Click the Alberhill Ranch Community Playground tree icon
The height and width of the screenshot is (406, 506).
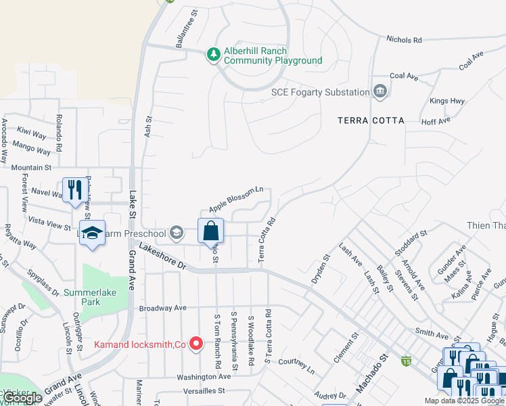click(214, 54)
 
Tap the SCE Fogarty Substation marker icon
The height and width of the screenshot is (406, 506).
click(380, 91)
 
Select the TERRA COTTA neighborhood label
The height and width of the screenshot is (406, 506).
click(371, 120)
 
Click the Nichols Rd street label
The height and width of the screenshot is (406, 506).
click(404, 40)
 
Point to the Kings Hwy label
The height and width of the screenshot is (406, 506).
click(447, 101)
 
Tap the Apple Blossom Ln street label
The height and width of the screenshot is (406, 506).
click(235, 199)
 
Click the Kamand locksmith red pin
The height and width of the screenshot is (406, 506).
click(196, 344)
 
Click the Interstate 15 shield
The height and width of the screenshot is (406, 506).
click(406, 361)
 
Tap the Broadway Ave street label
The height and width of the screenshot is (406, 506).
click(162, 308)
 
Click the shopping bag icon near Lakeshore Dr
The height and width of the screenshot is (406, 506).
click(210, 231)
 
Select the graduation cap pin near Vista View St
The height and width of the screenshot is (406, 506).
click(93, 233)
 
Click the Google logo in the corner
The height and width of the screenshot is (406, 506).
click(22, 398)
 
